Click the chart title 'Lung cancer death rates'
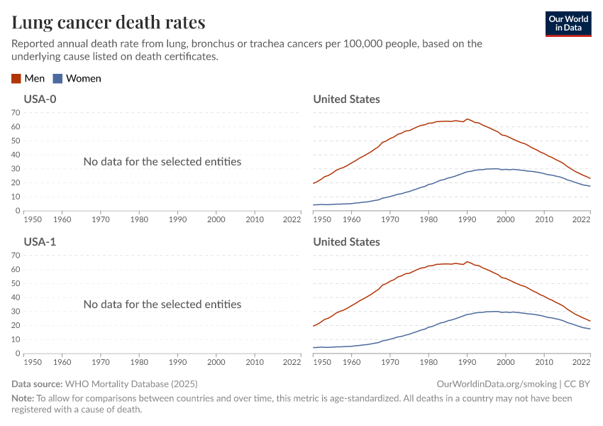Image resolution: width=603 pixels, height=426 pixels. [x=109, y=23]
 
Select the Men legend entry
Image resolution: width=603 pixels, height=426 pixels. [x=28, y=79]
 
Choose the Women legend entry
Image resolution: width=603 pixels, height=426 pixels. [x=77, y=79]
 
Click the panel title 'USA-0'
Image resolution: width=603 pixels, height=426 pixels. [x=40, y=99]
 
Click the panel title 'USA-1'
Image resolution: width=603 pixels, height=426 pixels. [x=40, y=242]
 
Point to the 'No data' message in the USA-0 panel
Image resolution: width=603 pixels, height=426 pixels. [x=162, y=162]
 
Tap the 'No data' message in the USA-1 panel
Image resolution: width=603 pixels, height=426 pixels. [x=162, y=305]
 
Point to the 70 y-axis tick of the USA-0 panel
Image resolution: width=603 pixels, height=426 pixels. [x=16, y=112]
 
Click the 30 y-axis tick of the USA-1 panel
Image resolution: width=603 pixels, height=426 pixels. [x=16, y=312]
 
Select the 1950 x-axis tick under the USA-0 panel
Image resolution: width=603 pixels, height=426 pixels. [x=33, y=219]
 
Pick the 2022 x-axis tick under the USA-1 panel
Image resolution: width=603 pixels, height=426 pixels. [x=292, y=362]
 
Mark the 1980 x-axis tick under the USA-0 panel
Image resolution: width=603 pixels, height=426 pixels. [x=138, y=219]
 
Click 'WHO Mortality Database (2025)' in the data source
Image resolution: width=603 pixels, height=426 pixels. [x=131, y=384]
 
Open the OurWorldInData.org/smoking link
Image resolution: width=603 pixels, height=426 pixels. [x=497, y=384]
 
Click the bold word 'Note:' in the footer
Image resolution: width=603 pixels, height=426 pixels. [x=23, y=398]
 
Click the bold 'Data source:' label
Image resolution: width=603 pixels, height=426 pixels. [x=37, y=384]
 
